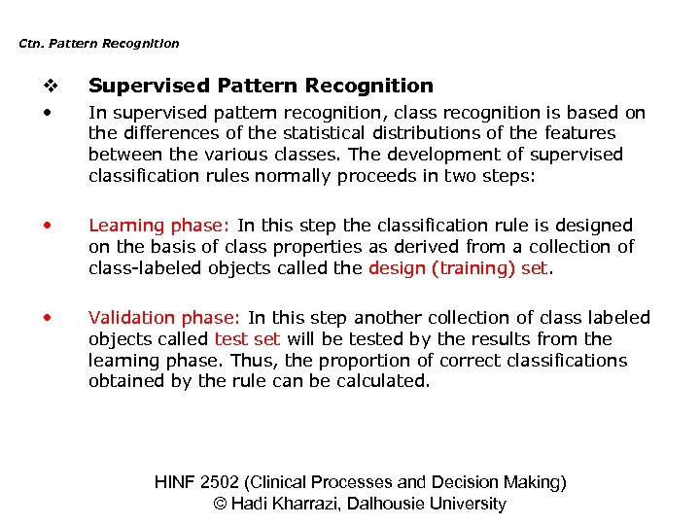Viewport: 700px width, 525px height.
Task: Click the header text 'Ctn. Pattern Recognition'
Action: tap(99, 44)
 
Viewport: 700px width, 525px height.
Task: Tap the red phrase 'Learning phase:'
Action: tap(158, 226)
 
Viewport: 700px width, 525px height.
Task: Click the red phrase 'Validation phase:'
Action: tap(165, 318)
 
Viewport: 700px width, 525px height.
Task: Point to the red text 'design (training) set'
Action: tap(459, 268)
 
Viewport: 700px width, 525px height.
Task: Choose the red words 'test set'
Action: tap(248, 339)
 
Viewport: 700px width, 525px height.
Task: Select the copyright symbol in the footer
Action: tap(219, 504)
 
